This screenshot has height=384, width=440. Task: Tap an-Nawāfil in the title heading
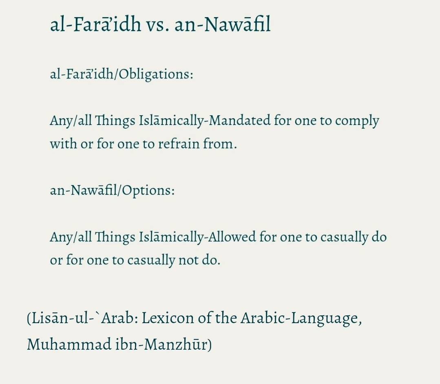(x=222, y=24)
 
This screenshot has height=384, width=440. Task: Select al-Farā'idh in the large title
(x=95, y=24)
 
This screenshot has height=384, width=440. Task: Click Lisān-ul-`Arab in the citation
(x=84, y=318)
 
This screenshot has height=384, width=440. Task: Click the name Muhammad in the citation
(x=69, y=344)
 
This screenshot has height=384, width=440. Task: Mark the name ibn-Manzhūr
(x=164, y=344)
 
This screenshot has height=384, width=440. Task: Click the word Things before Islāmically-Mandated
(x=115, y=121)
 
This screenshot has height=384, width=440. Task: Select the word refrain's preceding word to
(x=148, y=144)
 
